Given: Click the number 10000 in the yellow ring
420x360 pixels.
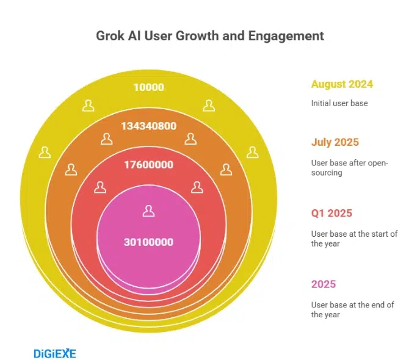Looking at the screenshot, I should tap(149, 87).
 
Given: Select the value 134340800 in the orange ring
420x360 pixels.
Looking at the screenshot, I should tap(149, 126).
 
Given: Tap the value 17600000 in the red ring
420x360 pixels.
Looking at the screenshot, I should tap(149, 165).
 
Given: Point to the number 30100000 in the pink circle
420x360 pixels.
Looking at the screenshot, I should tap(149, 242).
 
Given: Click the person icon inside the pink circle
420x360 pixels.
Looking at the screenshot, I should tap(148, 211).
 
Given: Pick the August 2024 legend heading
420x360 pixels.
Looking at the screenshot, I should tap(342, 84).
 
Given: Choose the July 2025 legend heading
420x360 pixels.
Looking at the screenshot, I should tap(335, 142).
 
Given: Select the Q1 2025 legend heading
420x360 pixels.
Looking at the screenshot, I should tap(331, 214).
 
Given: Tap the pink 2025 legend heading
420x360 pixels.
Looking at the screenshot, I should tap(324, 284).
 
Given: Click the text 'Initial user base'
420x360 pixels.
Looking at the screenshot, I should tap(339, 103).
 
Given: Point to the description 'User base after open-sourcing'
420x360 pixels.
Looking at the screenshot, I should tap(350, 168).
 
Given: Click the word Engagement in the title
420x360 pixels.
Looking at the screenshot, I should tap(286, 36).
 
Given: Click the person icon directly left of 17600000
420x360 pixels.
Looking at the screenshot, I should tap(100, 187).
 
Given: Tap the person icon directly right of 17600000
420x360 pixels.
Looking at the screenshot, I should tap(197, 187).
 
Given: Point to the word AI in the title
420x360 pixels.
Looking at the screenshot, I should tap(136, 36).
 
